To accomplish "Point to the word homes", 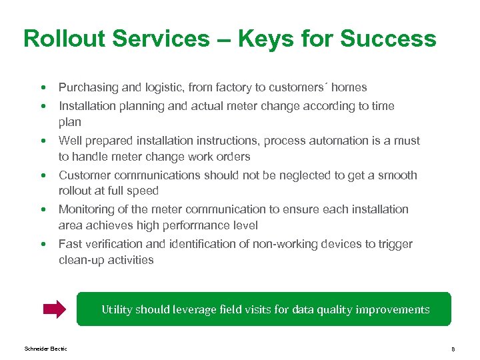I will (x=349, y=87).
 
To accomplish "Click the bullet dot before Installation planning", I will (x=43, y=106).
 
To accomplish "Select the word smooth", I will (x=397, y=175).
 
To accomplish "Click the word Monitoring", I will (x=85, y=209).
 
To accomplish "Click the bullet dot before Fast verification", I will (x=43, y=244).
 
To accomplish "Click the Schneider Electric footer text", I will (x=45, y=349).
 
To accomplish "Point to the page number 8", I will (x=453, y=349).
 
